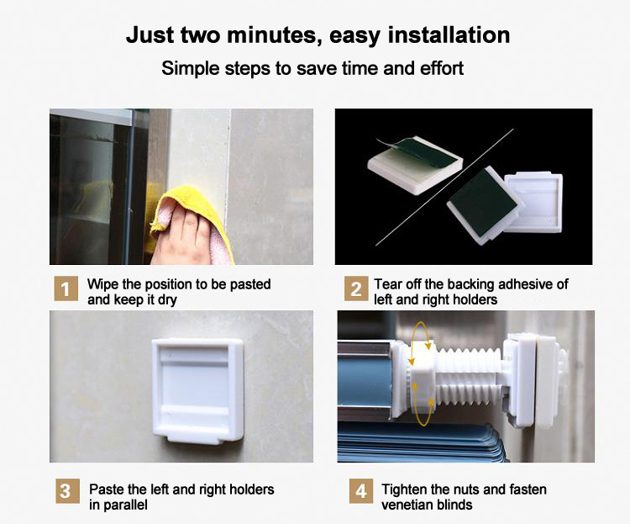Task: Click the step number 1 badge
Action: tap(66, 288)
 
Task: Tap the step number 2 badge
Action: tap(356, 288)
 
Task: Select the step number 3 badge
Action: tap(67, 490)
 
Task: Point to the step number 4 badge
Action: tap(361, 490)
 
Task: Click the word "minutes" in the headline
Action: tap(273, 34)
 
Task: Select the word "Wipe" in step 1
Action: tap(102, 284)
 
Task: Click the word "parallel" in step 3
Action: tap(125, 505)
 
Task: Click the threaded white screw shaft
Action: tap(470, 377)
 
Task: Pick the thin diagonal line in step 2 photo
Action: tap(444, 187)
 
